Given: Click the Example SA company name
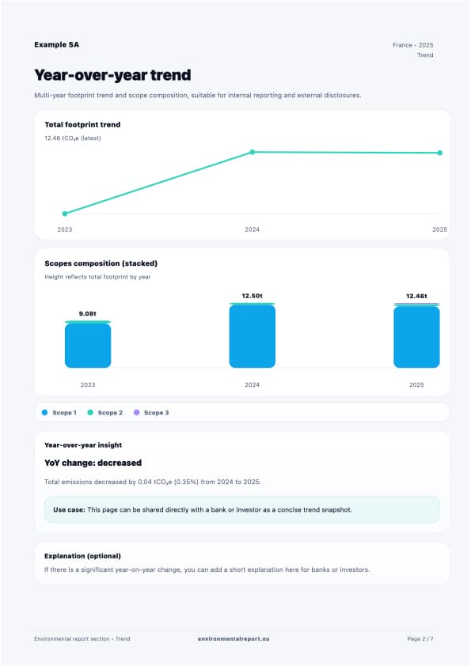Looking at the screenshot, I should tap(56, 45).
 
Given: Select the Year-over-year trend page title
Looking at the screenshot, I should tap(112, 75).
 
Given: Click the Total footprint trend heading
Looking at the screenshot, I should tap(82, 124).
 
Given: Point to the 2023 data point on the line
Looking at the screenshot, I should tap(65, 214).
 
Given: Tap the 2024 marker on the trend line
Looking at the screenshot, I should tap(253, 152).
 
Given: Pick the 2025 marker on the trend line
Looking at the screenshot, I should tap(439, 153).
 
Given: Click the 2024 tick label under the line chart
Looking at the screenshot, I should tap(252, 229).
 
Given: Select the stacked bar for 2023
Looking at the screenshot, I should tap(88, 345).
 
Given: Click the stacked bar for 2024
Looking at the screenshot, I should tap(253, 336).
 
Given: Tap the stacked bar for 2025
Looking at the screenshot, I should tap(416, 336).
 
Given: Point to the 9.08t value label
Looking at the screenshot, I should tap(88, 314).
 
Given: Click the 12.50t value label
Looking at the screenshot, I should tap(252, 296).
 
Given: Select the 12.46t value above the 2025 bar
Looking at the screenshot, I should tap(416, 296).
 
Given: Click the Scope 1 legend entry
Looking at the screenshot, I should tap(59, 413).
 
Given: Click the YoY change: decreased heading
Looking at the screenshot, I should tap(93, 463).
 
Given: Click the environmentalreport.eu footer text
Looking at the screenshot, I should tap(234, 638).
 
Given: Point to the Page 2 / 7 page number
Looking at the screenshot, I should tap(420, 638).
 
